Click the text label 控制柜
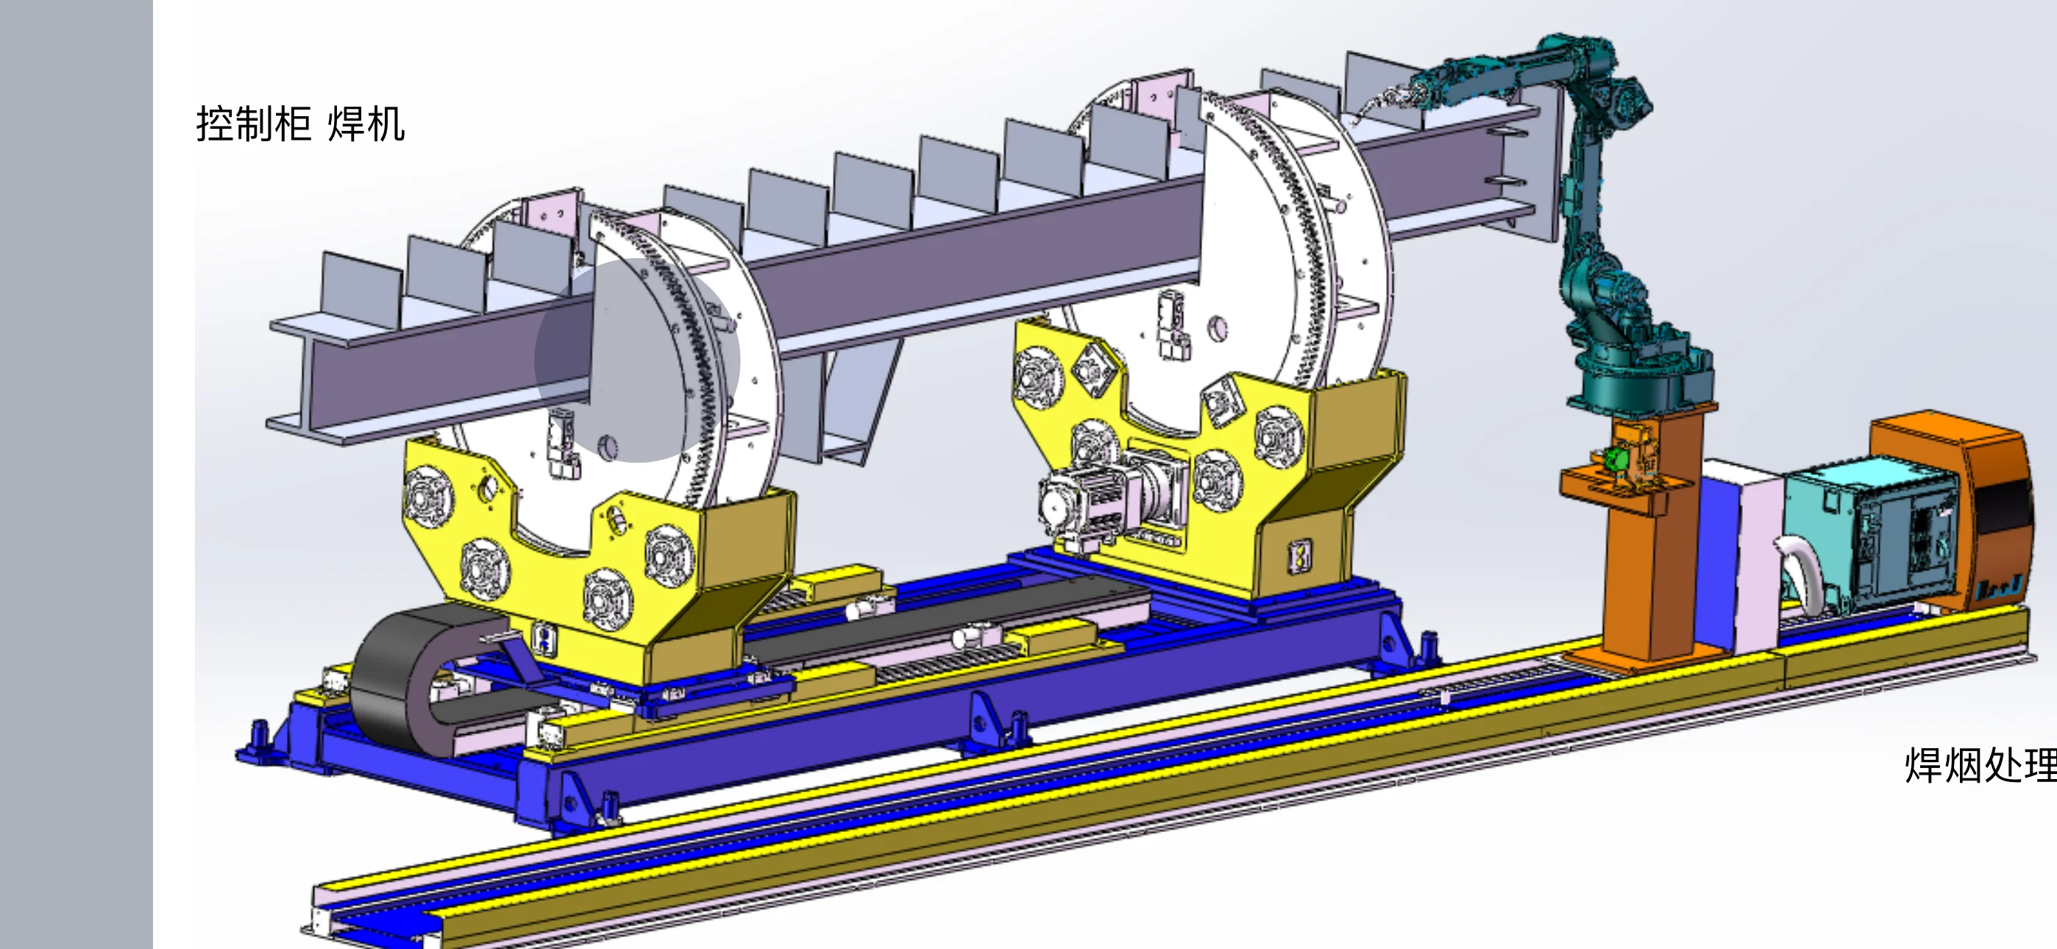coord(253,124)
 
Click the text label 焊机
coord(366,124)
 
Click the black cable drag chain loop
coord(399,679)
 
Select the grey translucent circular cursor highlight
coord(637,360)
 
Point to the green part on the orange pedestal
coord(1616,459)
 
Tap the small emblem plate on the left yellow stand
coord(544,639)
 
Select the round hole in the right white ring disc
coord(1218,327)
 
